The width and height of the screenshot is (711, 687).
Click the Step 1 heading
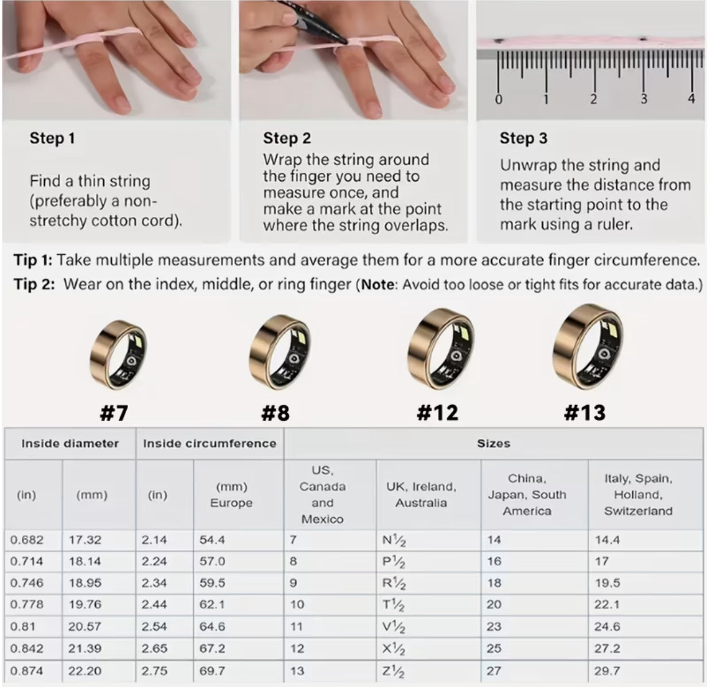52,138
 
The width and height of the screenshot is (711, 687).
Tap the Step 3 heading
523,138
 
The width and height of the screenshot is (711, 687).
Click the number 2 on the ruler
593,99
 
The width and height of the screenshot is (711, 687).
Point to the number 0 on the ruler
498,99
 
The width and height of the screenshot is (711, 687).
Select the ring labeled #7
118,355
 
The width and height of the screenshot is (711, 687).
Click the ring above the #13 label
588,346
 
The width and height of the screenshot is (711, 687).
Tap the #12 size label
437,413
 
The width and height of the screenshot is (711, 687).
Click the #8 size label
275,413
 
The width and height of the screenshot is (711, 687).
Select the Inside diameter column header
70,444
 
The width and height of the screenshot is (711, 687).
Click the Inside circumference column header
209,444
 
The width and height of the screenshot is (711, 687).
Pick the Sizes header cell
494,444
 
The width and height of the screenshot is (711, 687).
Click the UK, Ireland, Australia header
421,495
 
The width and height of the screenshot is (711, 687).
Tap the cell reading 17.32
85,540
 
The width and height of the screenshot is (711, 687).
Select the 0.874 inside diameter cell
26,671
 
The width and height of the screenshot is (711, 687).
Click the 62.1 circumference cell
212,604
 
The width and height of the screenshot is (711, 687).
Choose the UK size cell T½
393,605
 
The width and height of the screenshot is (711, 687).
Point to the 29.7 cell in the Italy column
607,671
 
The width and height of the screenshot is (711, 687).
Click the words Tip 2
34,284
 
